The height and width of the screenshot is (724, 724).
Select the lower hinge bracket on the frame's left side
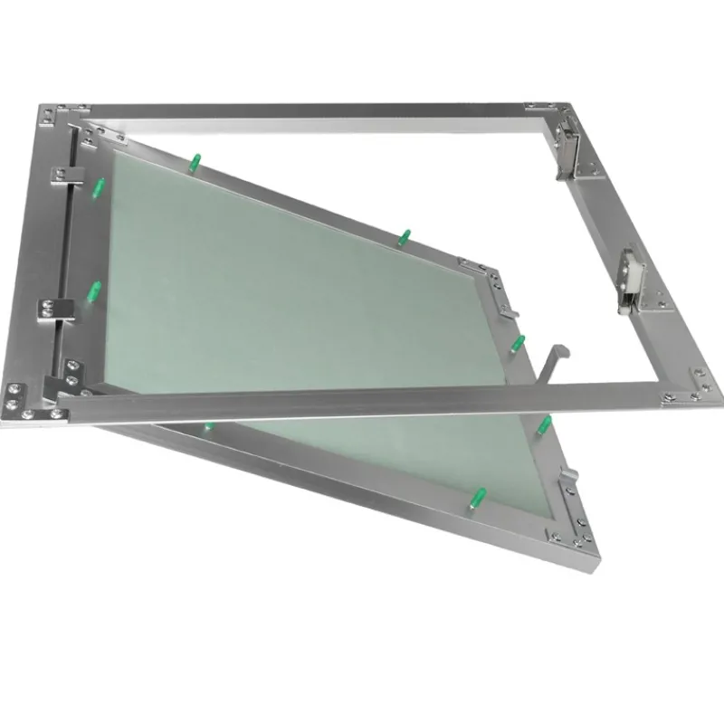pos(54,307)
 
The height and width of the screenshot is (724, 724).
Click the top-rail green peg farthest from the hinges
pos(405,237)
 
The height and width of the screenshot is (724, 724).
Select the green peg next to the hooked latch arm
pos(519,342)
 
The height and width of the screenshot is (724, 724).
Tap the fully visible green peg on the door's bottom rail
pos(475,499)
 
